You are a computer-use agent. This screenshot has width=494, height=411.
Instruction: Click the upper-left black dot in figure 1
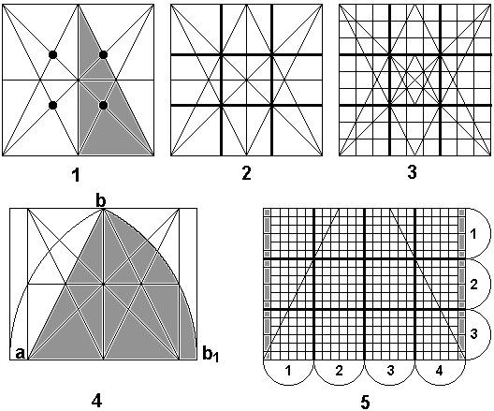(x=52, y=55)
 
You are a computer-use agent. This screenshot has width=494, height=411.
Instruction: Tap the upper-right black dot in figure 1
(x=103, y=55)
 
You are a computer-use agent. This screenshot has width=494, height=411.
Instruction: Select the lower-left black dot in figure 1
(x=52, y=105)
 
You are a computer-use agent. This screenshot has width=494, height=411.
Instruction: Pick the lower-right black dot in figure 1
(x=103, y=105)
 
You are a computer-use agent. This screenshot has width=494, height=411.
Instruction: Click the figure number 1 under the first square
(x=76, y=175)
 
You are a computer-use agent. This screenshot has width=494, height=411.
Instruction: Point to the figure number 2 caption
(x=246, y=173)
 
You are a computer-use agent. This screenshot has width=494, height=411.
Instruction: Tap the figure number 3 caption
(x=412, y=172)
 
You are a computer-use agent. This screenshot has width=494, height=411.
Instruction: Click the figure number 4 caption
(x=96, y=401)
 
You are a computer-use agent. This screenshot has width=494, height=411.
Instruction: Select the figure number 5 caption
(x=365, y=403)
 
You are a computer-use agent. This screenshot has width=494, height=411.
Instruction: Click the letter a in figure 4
(x=20, y=353)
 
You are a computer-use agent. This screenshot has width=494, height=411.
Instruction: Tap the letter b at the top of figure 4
(x=100, y=200)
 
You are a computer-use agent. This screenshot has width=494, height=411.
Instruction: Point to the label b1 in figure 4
(x=211, y=354)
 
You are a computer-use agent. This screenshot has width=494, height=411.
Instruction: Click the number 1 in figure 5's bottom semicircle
(x=288, y=371)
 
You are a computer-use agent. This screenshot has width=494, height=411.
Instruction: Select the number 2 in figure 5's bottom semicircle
(x=339, y=371)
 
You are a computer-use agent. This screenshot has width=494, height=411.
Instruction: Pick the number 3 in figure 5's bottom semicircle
(x=390, y=371)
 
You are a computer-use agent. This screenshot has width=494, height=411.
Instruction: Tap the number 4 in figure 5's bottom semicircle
(x=439, y=371)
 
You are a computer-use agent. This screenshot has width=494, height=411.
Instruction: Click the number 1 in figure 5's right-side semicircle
(x=472, y=234)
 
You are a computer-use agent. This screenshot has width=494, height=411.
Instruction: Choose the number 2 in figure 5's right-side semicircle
(x=473, y=285)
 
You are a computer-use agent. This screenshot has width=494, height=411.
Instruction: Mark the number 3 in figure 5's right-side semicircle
(x=473, y=333)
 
